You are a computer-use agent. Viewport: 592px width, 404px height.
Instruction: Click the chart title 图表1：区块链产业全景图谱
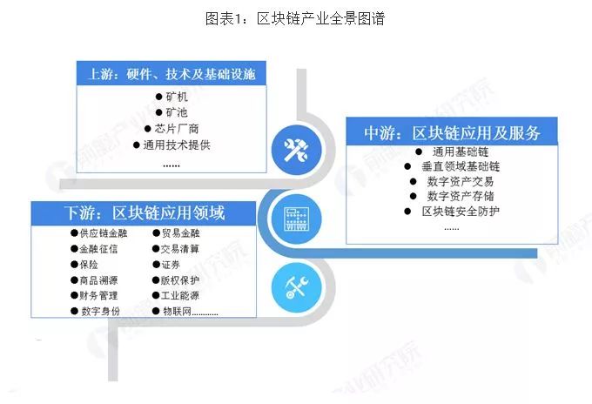click(x=295, y=19)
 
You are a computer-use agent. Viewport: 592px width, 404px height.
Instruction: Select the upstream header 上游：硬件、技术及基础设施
click(x=172, y=74)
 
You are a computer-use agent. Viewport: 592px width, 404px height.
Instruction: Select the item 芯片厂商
click(x=182, y=129)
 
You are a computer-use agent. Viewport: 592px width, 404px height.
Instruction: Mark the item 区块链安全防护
click(x=460, y=212)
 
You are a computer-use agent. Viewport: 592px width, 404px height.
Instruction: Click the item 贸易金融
click(x=180, y=232)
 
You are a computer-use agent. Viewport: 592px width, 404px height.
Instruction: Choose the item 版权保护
click(x=180, y=279)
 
